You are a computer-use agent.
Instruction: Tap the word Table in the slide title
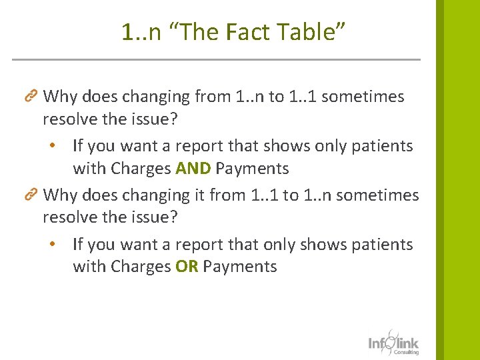(x=281, y=31)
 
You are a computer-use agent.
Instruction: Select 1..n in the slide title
(x=141, y=31)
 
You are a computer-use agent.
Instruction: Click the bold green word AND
(x=193, y=169)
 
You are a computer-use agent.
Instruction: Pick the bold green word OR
(x=187, y=267)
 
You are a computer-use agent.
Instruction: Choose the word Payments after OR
(x=240, y=267)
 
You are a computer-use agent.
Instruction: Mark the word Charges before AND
(x=141, y=169)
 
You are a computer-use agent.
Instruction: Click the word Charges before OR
(x=141, y=267)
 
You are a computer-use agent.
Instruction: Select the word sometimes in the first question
(x=363, y=97)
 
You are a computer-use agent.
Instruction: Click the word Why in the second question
(x=60, y=195)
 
